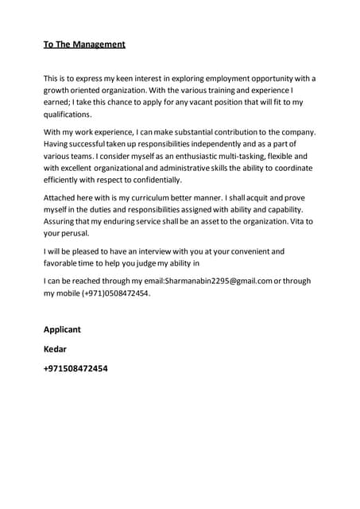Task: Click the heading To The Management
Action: click(84, 45)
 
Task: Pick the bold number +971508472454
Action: click(75, 368)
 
